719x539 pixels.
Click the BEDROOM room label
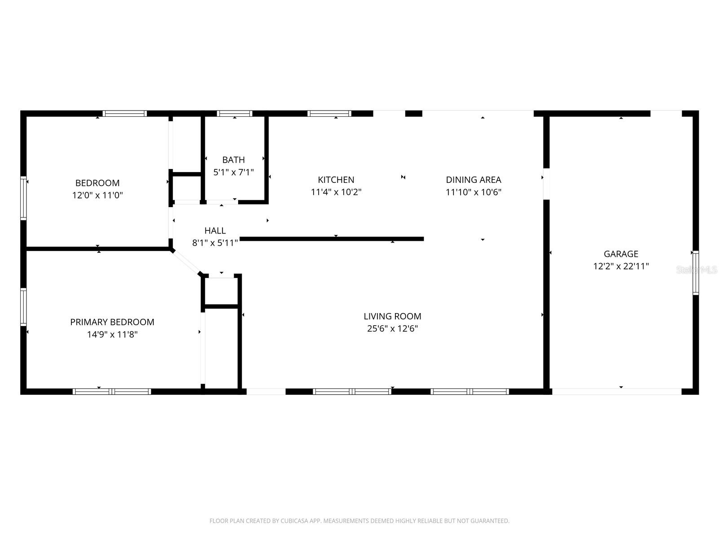click(97, 183)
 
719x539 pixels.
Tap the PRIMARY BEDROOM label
click(112, 322)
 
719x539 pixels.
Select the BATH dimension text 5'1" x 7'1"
click(233, 172)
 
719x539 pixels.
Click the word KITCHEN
click(336, 180)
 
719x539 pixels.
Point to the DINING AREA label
click(473, 180)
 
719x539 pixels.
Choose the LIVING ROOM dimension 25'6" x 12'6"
click(392, 328)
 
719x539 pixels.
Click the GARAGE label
click(621, 254)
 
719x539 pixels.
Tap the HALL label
click(215, 230)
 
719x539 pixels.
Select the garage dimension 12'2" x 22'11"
click(621, 266)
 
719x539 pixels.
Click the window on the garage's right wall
click(695, 273)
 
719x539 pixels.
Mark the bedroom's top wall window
click(124, 114)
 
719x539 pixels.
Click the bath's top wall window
click(234, 114)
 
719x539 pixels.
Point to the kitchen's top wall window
click(329, 114)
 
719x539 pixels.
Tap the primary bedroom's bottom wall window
click(111, 392)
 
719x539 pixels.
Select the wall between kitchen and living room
click(332, 239)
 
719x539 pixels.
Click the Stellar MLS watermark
click(697, 269)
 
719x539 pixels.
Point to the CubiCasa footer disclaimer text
click(359, 521)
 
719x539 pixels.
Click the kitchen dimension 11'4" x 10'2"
click(336, 192)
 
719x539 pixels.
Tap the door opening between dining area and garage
click(546, 184)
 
